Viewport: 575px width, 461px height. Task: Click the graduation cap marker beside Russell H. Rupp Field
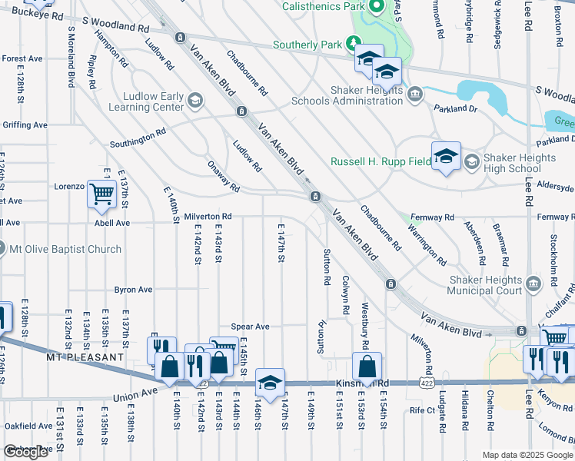[446, 157]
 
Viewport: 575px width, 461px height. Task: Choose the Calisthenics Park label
[323, 6]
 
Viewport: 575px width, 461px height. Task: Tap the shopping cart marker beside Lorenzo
[101, 195]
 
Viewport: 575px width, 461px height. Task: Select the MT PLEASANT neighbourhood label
[85, 358]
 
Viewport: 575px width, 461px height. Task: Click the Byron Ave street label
[133, 290]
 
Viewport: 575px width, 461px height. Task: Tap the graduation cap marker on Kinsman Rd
[270, 383]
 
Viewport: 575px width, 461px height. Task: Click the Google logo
[26, 452]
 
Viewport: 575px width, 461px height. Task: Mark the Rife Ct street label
[422, 411]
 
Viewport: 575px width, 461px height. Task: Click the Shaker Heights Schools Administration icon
[415, 95]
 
